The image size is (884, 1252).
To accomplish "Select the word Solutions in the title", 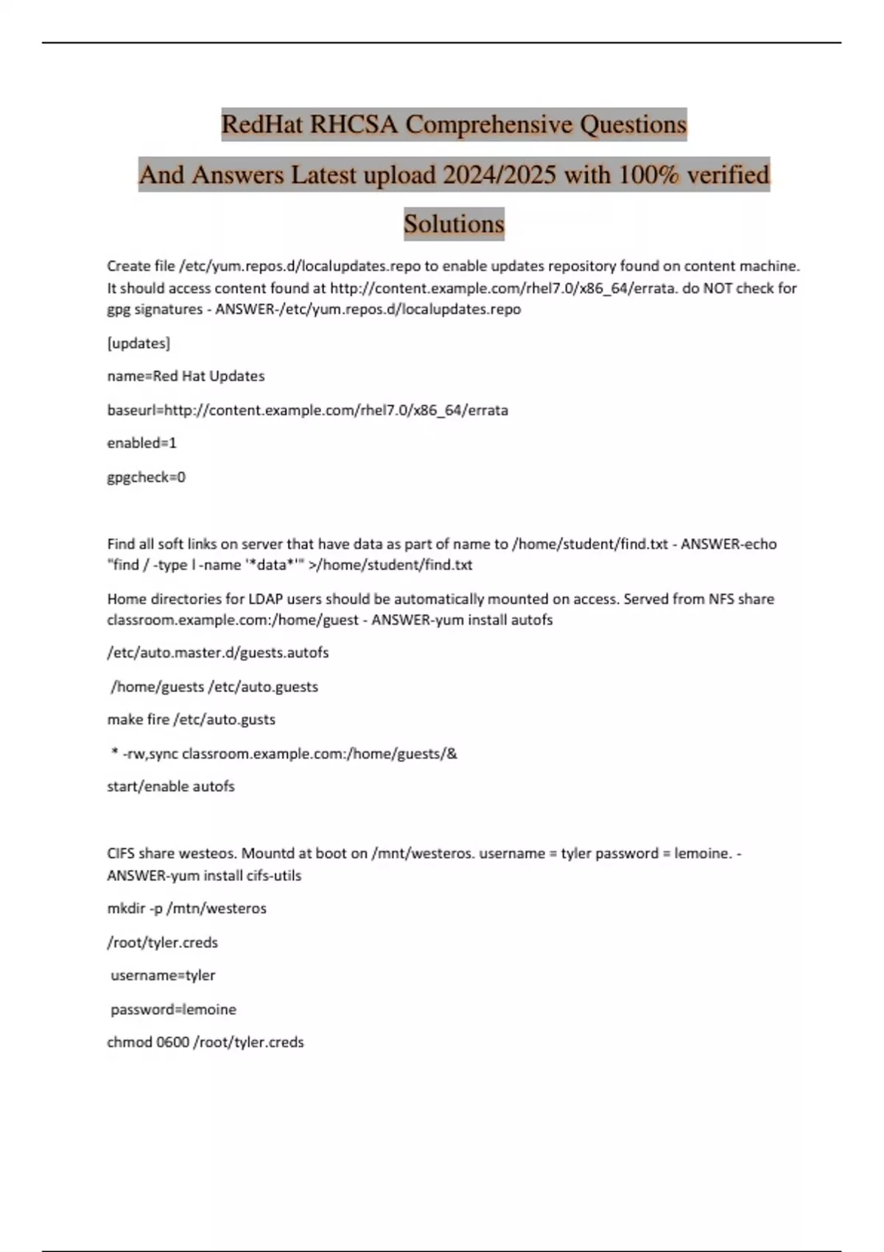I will (454, 224).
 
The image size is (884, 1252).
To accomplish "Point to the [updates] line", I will (138, 343).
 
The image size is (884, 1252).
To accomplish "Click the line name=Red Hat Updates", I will (186, 376).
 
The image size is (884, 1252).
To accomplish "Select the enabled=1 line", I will (141, 443).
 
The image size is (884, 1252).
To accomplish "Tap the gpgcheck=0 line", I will (146, 477).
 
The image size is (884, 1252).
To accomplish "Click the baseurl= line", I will (307, 410).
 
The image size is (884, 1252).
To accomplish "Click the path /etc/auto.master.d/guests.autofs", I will (218, 653).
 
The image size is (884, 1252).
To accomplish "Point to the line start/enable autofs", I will (171, 787).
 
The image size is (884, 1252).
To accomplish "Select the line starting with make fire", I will (191, 720).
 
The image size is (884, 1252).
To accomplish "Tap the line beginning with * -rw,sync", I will (284, 753).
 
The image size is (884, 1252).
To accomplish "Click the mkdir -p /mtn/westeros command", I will (186, 909).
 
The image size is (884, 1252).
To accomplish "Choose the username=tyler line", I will (163, 976).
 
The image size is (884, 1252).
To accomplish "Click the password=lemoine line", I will (173, 1010).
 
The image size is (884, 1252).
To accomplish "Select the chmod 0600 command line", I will (205, 1043).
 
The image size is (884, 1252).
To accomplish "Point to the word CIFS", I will (121, 854).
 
